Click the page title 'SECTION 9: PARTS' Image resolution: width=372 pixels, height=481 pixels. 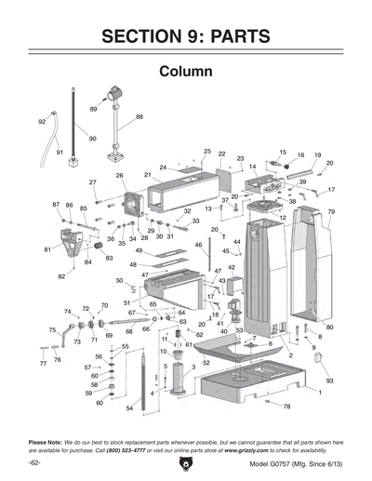tap(186, 36)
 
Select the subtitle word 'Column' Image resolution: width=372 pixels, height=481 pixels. tap(186, 72)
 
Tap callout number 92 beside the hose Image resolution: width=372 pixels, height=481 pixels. tap(42, 122)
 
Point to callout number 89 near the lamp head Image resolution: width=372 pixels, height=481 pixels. tap(94, 109)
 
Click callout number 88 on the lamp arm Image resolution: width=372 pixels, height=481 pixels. tap(139, 117)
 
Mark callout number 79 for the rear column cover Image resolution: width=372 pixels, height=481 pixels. tap(331, 212)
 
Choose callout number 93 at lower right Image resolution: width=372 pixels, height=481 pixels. tap(330, 381)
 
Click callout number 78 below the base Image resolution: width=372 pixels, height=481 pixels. tap(286, 407)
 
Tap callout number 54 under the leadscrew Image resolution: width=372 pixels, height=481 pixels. tap(129, 408)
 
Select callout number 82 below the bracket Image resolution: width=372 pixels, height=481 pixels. tap(61, 276)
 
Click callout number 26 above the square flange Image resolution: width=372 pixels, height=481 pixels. tap(119, 175)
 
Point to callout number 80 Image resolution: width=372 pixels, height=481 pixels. tap(329, 327)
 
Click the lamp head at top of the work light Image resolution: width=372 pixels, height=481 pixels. tap(117, 93)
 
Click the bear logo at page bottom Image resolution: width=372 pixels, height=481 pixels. tap(186, 462)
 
